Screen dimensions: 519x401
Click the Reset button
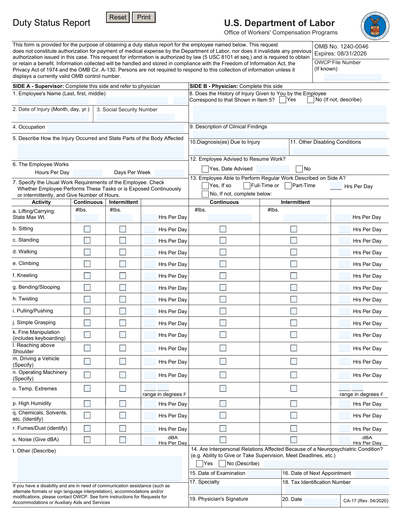118,17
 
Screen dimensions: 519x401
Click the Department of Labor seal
375,26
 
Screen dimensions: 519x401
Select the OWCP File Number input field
353,77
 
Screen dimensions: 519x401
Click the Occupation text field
116,128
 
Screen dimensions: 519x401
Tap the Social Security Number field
135,117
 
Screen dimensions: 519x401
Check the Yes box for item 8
283,100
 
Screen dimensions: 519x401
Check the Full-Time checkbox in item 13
247,186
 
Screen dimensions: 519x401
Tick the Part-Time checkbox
288,186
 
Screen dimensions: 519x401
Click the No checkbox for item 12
299,169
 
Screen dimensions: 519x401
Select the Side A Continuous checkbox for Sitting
87,229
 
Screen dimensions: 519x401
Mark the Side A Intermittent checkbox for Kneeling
123,276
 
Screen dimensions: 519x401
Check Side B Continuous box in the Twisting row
223,299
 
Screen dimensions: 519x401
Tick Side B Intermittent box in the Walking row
294,252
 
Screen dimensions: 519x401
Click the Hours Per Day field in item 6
88,173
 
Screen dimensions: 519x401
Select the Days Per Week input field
169,173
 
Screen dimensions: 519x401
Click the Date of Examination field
264,474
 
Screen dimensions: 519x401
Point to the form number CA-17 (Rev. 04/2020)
366,501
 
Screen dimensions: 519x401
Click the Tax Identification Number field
337,490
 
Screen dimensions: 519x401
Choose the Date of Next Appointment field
372,474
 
